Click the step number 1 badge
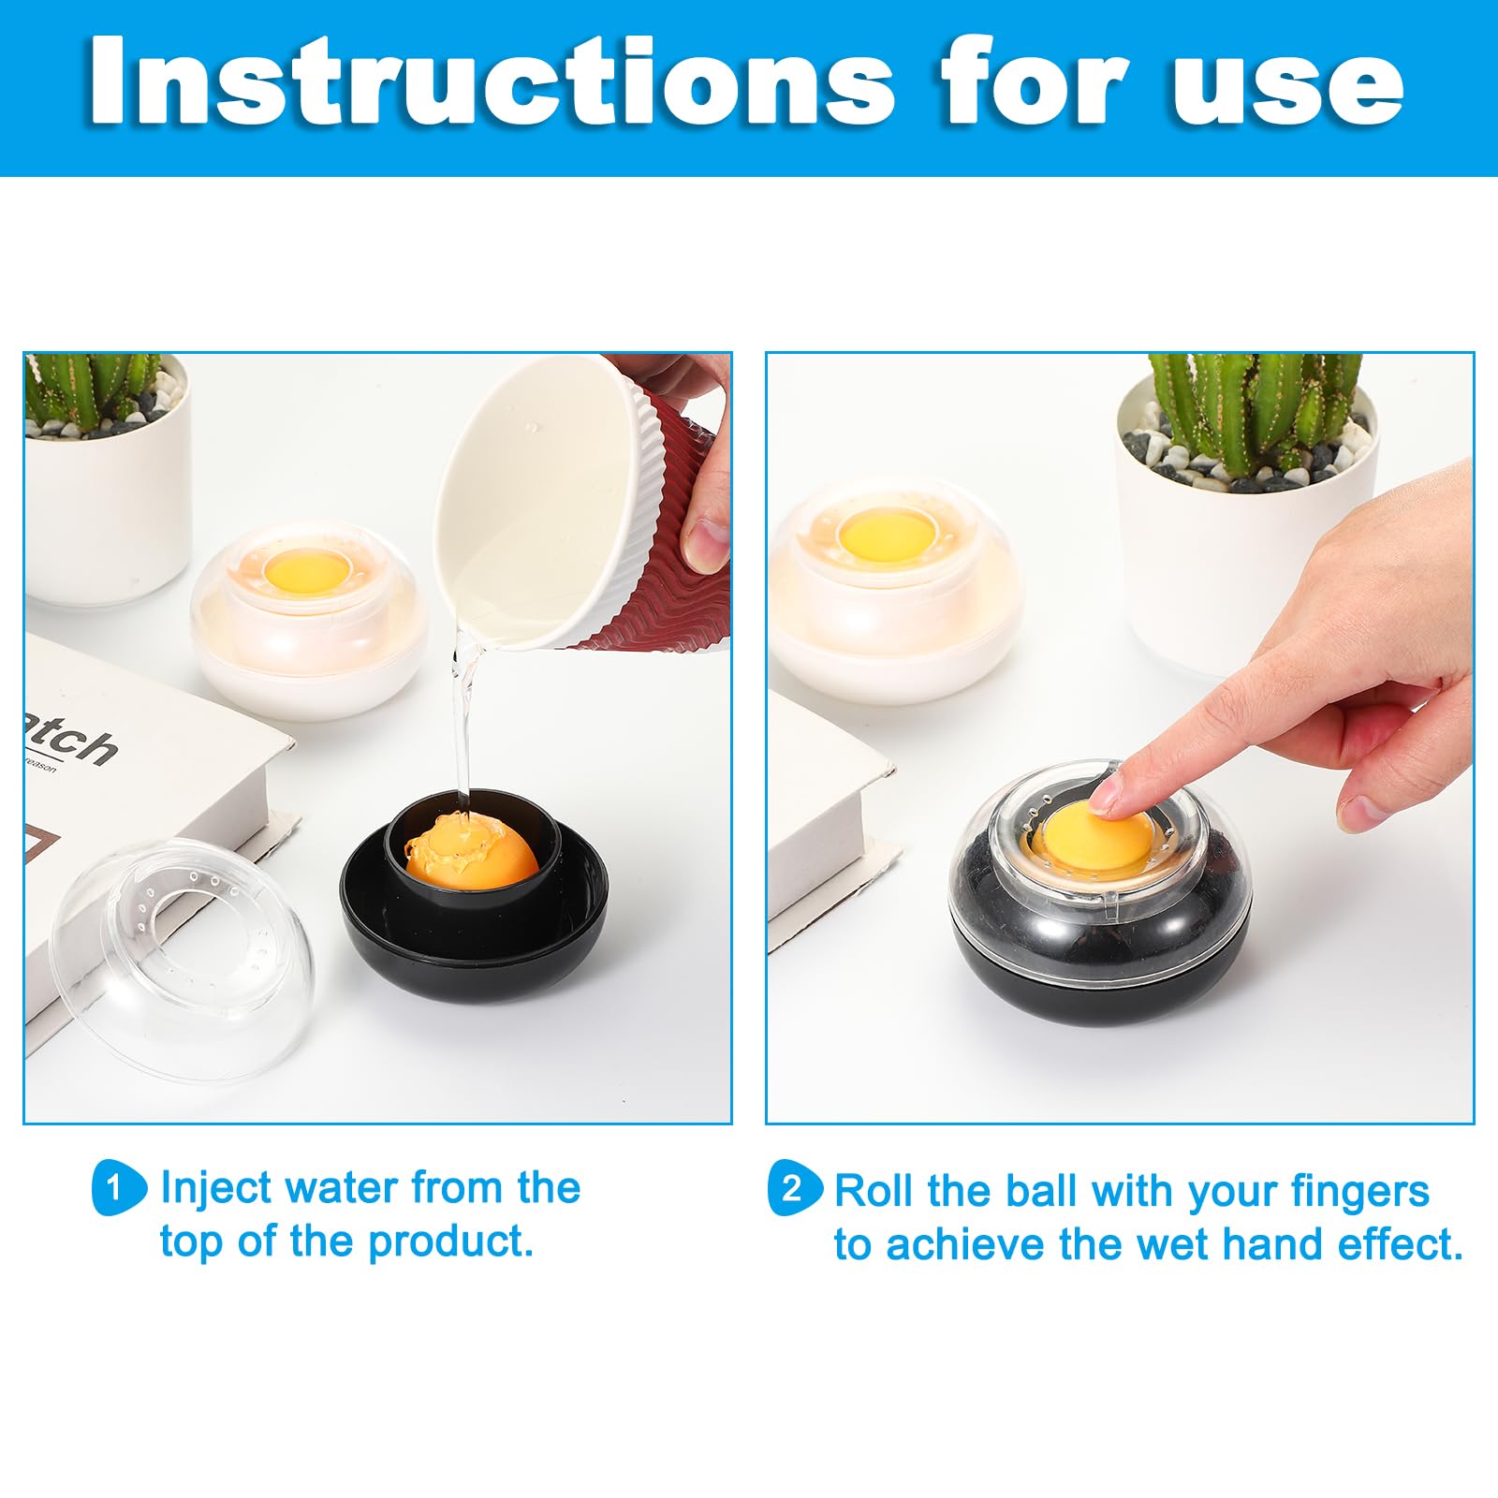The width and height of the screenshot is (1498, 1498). point(116,1188)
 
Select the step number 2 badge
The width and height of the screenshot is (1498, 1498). point(793,1188)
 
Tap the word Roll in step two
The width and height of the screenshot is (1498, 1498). point(874,1191)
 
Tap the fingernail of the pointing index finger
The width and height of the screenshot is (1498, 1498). point(1107,797)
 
